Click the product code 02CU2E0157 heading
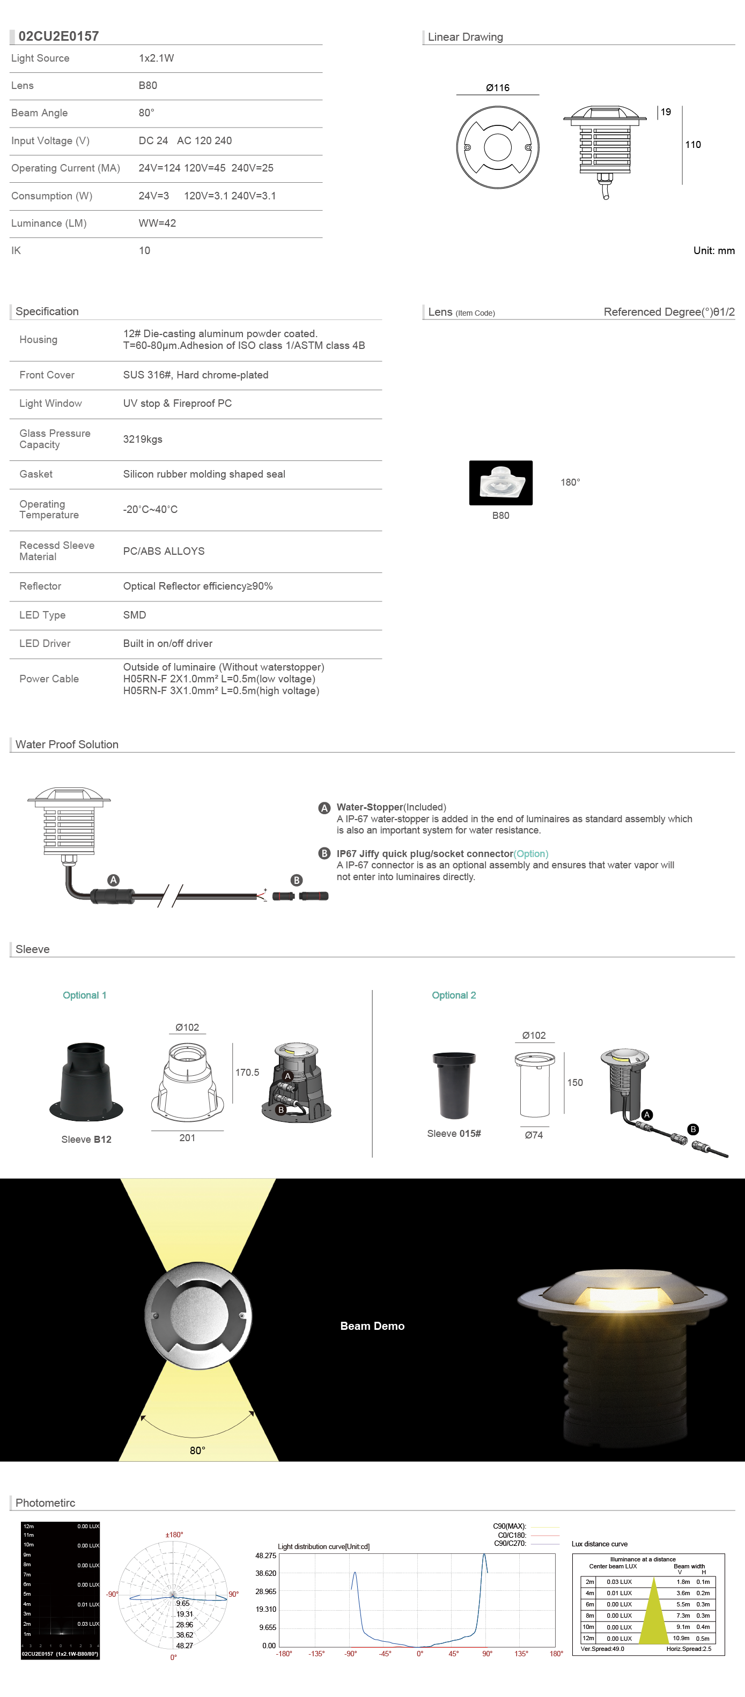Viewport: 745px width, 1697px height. [x=58, y=36]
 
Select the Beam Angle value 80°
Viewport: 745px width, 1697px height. [x=146, y=113]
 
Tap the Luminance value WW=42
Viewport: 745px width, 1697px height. [x=157, y=224]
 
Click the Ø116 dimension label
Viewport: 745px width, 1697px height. [x=497, y=87]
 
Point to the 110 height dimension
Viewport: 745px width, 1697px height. [x=692, y=145]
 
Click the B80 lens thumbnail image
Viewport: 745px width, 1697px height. [x=500, y=483]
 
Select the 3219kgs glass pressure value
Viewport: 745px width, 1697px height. [x=143, y=440]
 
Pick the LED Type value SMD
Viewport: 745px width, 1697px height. [x=135, y=615]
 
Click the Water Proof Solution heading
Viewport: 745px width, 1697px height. [x=67, y=745]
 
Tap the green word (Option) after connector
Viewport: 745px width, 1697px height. [x=531, y=854]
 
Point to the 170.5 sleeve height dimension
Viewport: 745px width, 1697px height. [x=247, y=1073]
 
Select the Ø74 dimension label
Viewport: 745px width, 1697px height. [x=533, y=1135]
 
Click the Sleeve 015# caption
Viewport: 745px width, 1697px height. [x=454, y=1134]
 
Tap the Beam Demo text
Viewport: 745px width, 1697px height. [x=372, y=1326]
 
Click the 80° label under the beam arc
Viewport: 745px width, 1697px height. [x=197, y=1450]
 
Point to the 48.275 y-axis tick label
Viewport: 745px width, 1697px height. [x=265, y=1555]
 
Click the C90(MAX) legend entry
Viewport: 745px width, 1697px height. [x=510, y=1527]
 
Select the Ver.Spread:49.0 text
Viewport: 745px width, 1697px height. [x=602, y=1649]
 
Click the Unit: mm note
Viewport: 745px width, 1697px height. [x=713, y=250]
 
